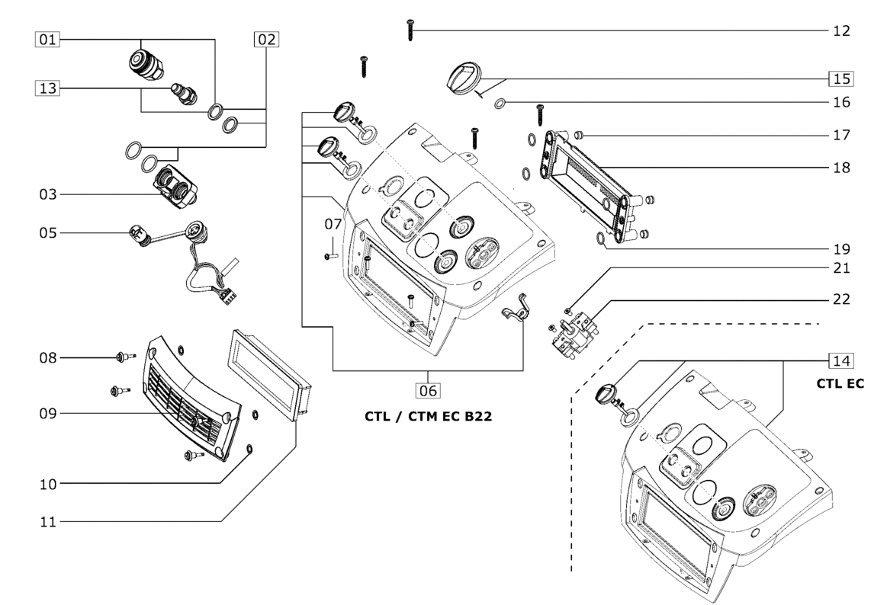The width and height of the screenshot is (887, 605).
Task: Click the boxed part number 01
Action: (x=48, y=39)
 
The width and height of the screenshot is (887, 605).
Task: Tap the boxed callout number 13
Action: (x=48, y=88)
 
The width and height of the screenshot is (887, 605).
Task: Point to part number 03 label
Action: (x=48, y=195)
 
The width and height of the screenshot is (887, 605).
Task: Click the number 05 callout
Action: (x=48, y=232)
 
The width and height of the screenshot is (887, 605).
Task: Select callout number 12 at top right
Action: (x=841, y=31)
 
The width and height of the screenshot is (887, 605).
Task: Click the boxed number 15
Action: (x=841, y=78)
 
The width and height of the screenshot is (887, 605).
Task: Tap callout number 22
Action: (x=841, y=299)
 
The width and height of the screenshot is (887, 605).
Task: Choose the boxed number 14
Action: (x=841, y=360)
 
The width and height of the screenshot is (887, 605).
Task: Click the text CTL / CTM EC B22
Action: (x=426, y=417)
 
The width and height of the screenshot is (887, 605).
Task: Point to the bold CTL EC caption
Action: (x=840, y=383)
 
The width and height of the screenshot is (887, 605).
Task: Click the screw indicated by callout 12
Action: (x=410, y=30)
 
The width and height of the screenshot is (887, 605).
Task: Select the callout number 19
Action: (x=841, y=248)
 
